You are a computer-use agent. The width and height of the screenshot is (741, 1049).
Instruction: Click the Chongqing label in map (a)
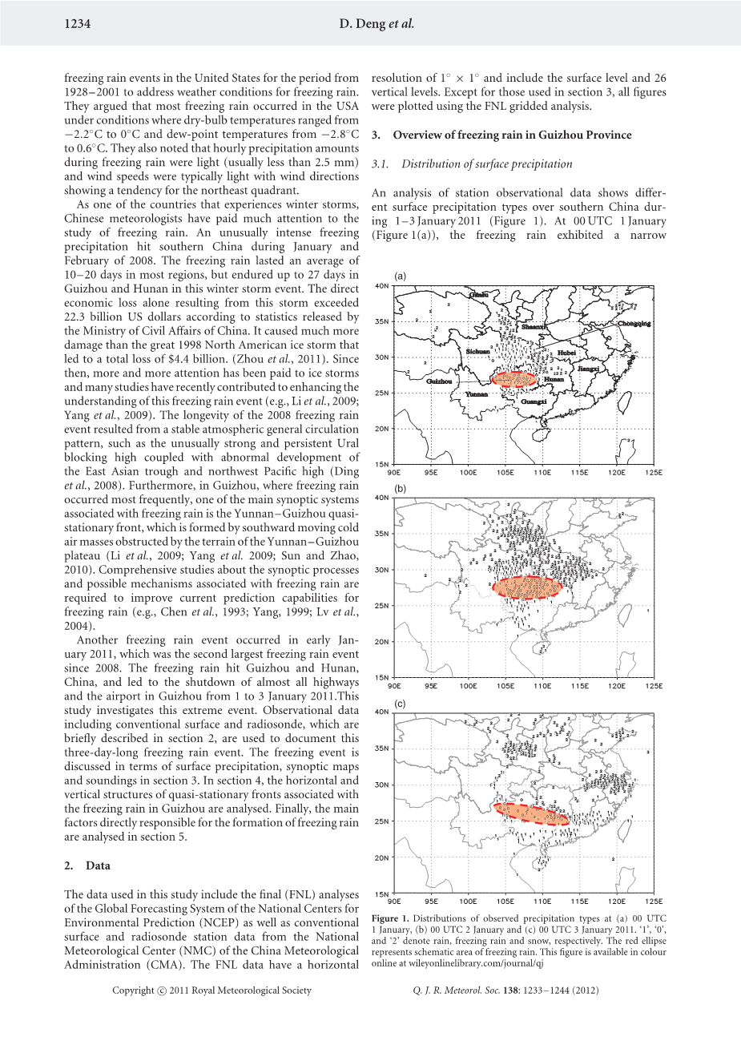[x=634, y=324]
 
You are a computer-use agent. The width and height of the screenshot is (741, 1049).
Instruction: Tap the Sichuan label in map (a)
[x=477, y=352]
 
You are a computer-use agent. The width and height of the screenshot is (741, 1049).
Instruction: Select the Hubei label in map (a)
[x=566, y=353]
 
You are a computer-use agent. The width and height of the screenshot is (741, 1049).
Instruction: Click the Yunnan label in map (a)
[x=476, y=394]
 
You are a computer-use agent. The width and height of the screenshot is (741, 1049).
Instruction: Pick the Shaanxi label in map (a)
[x=534, y=327]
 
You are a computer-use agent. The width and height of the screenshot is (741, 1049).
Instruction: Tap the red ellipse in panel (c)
[x=531, y=813]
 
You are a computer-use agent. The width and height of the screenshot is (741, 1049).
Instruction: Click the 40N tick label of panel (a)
[x=382, y=285]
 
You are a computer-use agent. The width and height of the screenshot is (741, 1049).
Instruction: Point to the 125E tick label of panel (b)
[x=654, y=686]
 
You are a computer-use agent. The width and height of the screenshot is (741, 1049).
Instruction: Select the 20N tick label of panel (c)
[x=382, y=857]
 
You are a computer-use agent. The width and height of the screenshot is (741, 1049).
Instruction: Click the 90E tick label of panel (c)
[x=395, y=901]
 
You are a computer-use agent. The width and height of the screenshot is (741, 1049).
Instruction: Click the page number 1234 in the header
[x=77, y=24]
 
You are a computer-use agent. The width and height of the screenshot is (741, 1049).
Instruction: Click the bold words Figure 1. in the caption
[x=391, y=918]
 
